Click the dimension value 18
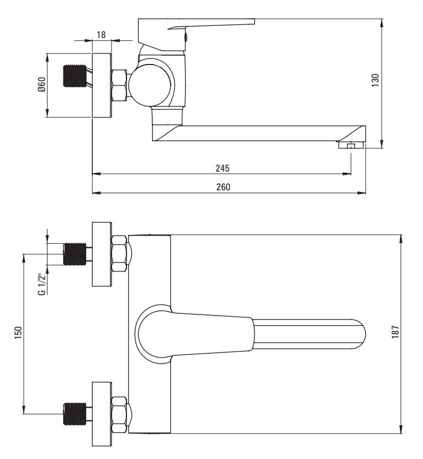point(101,35)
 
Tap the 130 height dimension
point(376,81)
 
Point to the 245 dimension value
point(223,168)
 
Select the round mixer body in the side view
point(151,84)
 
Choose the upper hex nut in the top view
point(119,254)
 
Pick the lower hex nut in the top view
point(119,414)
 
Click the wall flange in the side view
point(102,85)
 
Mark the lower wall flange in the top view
point(102,414)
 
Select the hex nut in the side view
point(119,85)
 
